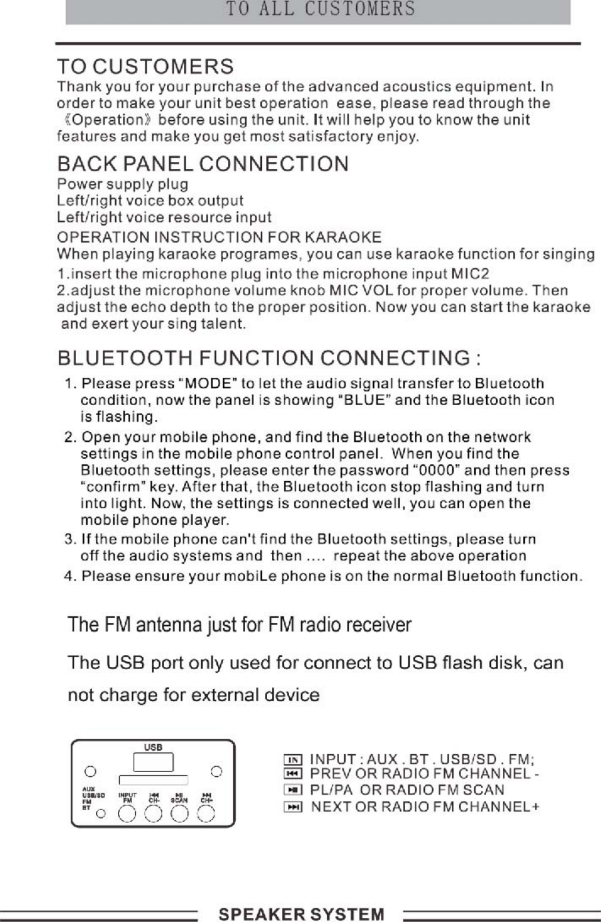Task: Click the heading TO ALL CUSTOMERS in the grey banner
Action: tap(320, 10)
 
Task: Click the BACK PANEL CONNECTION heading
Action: tap(202, 164)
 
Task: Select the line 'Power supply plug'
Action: tap(123, 184)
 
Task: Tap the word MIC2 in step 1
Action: tap(470, 274)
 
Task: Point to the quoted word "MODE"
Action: tap(213, 383)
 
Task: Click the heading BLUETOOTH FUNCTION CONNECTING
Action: tap(269, 359)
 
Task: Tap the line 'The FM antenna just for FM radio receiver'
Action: tap(239, 625)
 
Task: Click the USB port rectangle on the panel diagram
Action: tap(153, 762)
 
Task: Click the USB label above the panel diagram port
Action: tap(153, 747)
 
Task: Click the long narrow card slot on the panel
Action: tap(154, 780)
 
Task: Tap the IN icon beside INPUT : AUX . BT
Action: tap(293, 760)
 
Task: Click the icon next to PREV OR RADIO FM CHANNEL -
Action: tap(293, 774)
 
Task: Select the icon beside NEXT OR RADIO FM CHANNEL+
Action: tap(293, 807)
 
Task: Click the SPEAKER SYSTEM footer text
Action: tap(301, 914)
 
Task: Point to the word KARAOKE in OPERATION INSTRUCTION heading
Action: tap(343, 237)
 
